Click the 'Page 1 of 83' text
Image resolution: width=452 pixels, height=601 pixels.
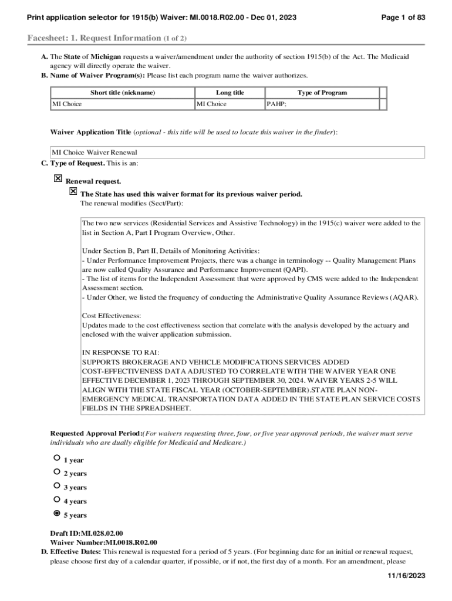pos(403,18)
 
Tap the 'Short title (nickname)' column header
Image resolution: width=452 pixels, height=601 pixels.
pos(123,93)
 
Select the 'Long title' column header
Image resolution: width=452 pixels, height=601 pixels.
pos(230,93)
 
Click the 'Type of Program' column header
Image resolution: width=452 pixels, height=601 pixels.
pos(322,93)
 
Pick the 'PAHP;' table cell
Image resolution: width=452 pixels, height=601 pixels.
pos(276,104)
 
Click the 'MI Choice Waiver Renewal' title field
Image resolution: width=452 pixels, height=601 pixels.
pos(237,153)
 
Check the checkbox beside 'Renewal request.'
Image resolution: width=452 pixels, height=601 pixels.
pos(58,178)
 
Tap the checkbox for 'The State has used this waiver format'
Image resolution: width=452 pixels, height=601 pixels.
pos(73,191)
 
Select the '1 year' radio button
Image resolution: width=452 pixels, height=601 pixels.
pos(56,457)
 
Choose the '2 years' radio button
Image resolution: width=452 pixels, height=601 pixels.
pos(56,471)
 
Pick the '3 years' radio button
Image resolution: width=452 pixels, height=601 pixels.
pos(56,485)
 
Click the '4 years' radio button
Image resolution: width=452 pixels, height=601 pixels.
pos(56,499)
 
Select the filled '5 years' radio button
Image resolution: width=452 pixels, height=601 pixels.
pos(56,513)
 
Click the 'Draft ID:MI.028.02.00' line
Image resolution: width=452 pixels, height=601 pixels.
pos(87,533)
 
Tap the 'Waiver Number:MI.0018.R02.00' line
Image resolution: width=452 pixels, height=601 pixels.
pos(103,542)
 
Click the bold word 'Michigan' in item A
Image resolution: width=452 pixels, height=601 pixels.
pos(106,57)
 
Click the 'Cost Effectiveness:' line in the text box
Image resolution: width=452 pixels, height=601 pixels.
pos(112,316)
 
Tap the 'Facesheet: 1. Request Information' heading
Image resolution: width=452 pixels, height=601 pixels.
pos(107,38)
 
